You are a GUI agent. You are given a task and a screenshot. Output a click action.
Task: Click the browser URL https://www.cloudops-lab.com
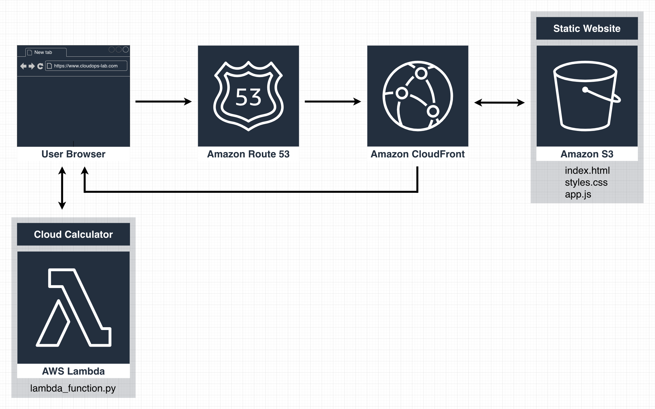pos(86,66)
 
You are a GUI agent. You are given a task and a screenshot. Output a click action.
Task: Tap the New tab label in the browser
pos(43,52)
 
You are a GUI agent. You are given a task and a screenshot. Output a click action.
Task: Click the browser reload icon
pos(40,66)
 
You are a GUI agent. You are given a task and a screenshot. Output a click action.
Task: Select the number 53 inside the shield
pos(248,97)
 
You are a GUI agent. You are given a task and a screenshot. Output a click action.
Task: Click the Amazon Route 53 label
pos(248,154)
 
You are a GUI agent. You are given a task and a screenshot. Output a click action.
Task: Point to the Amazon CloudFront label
pos(417,154)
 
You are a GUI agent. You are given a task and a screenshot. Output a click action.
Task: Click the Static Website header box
pos(587,28)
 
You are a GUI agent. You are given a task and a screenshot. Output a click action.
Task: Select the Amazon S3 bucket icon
pos(587,96)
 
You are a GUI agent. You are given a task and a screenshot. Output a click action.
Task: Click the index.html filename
pos(587,170)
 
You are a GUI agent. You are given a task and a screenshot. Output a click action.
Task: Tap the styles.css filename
pos(586,182)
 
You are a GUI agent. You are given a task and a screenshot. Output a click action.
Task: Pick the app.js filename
pos(578,194)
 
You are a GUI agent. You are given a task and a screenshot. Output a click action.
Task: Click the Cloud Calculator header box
pos(73,234)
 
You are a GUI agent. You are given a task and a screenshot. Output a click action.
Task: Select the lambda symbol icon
pos(73,307)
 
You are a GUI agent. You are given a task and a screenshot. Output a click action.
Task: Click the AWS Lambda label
pos(73,371)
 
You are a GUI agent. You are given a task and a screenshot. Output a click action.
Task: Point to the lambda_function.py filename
pos(73,388)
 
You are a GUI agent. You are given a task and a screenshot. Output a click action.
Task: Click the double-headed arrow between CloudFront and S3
pos(499,103)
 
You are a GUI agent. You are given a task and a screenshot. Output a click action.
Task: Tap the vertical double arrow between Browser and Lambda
pos(62,188)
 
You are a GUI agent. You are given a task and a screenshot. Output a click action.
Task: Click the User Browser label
pos(73,154)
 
